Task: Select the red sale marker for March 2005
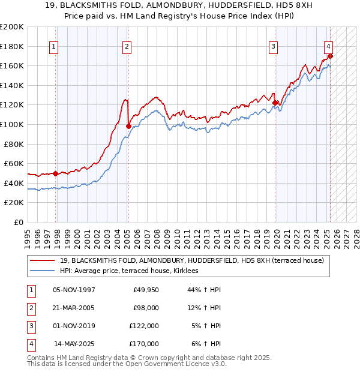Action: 128,126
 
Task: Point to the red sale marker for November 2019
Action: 275,103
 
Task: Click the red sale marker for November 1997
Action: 56,173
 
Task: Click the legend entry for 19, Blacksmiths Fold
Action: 191,260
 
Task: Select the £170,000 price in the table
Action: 144,344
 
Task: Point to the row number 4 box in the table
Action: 31,344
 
